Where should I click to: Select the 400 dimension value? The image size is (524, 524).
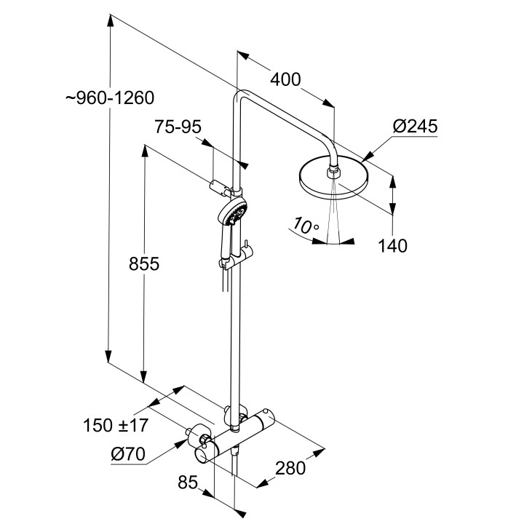[x=285, y=79]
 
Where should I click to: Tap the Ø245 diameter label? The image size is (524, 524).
[x=415, y=127]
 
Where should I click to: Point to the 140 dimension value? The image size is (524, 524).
[x=392, y=245]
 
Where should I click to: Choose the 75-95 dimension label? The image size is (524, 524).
[x=178, y=127]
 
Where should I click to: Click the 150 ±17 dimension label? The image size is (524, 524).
[x=119, y=424]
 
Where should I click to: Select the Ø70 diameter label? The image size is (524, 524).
[x=129, y=456]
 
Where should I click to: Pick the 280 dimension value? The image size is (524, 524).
[x=291, y=467]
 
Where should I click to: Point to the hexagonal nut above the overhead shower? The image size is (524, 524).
[x=333, y=172]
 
